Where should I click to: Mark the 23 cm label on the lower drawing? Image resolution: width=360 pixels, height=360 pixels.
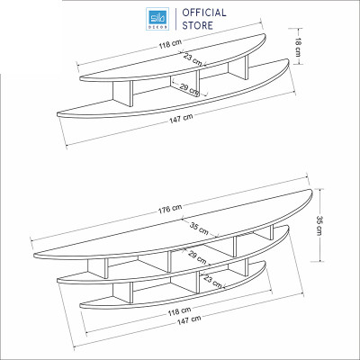(213, 283)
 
